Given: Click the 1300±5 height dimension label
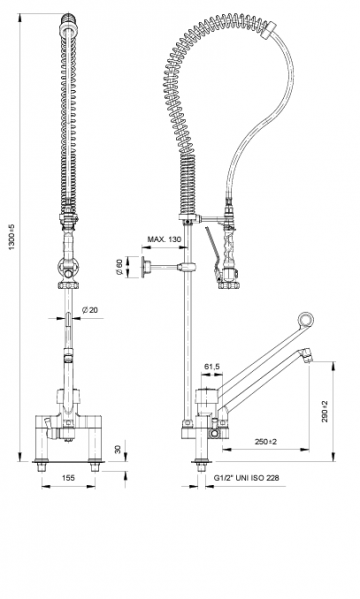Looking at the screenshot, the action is point(12,237).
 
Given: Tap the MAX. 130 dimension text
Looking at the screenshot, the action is point(164,240).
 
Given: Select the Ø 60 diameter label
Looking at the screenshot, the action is point(119,267).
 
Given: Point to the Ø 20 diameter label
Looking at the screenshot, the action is point(90,310).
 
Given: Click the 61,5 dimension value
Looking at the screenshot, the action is point(212,367).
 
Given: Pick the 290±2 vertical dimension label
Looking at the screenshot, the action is point(325,411).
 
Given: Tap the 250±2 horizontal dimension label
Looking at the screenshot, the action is point(266,442).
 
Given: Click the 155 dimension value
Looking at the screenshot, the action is point(68,478).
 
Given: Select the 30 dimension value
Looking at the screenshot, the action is point(118,449).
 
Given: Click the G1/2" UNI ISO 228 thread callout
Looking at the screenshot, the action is point(246,478).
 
